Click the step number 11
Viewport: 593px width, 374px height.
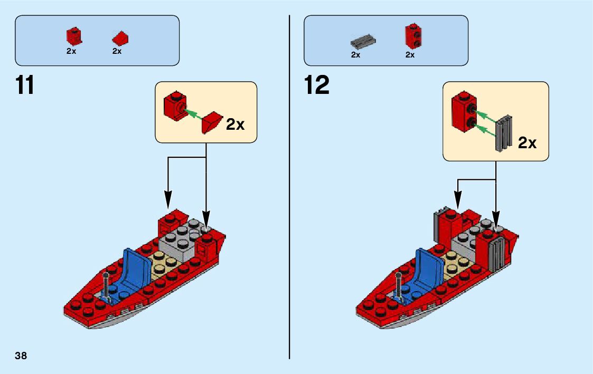coord(25,85)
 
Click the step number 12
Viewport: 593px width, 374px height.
coord(317,85)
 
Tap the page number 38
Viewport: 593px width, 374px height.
coord(21,356)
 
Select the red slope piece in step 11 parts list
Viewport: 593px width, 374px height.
coord(120,38)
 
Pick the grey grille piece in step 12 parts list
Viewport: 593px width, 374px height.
coord(363,40)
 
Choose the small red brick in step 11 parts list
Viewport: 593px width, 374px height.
coord(73,36)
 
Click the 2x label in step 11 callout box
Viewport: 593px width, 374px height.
coord(235,124)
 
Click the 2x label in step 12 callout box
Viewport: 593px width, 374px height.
coord(527,142)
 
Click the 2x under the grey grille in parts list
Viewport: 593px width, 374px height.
coord(355,54)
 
